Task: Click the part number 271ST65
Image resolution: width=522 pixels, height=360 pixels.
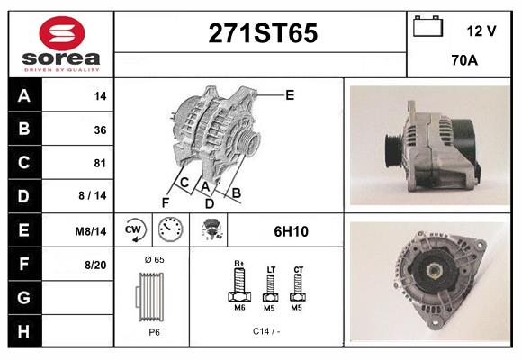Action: point(263,33)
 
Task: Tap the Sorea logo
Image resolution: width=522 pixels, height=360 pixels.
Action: point(61,44)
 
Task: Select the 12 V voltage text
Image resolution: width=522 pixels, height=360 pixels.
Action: point(481,31)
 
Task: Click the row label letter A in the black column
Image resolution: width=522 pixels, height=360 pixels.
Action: point(23,95)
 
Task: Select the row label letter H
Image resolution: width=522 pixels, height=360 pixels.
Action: point(23,331)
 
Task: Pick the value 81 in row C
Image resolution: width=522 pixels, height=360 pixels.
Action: point(100,163)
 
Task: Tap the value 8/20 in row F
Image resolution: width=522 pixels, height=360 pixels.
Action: point(96,265)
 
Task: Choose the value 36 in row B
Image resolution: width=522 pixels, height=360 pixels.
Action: point(100,130)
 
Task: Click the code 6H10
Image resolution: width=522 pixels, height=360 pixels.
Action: point(291,231)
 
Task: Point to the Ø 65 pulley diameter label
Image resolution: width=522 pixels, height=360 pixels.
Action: point(154,259)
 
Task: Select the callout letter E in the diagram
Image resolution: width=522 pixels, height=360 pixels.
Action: point(290,94)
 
